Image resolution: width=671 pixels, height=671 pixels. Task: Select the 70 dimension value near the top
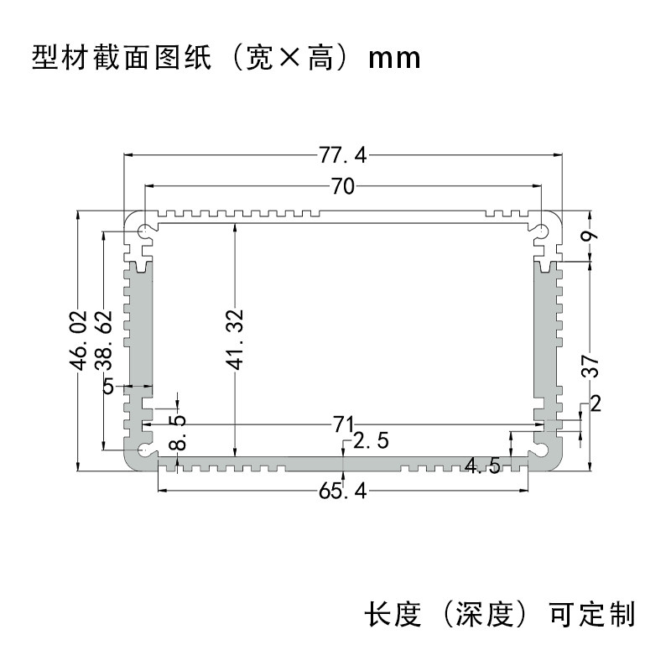coord(342,187)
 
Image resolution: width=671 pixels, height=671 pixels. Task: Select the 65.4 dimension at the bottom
coord(343,492)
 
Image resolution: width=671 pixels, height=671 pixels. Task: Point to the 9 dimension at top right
coord(591,236)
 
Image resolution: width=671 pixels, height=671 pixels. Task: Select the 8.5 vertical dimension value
coord(177,431)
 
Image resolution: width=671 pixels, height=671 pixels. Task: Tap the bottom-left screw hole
coord(145,451)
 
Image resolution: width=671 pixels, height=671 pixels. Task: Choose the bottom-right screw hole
coord(542,451)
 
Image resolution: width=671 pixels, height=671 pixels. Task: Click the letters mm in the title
coord(393,60)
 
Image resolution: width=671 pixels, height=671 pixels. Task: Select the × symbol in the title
coord(289,60)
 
